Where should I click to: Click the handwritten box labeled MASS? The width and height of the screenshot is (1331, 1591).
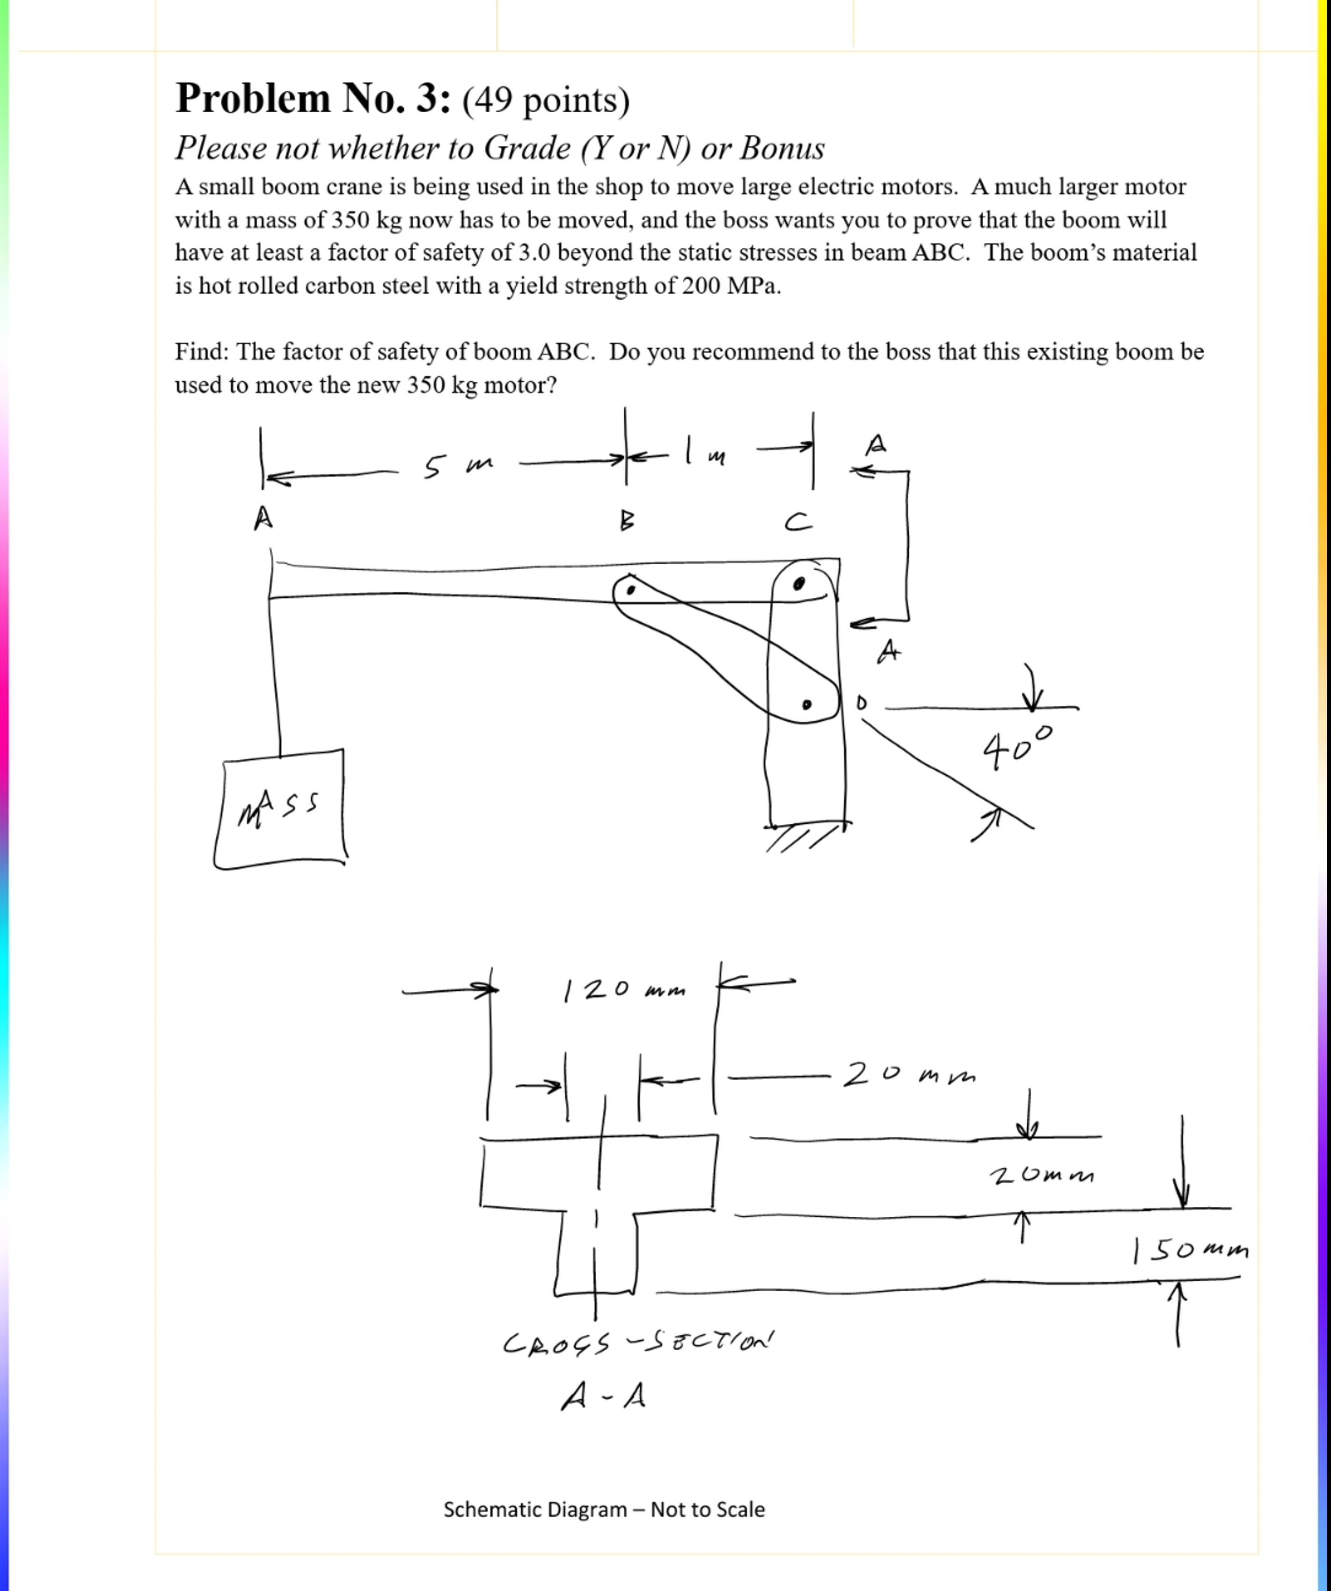[x=280, y=809]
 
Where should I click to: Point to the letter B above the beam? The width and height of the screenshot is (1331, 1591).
[x=627, y=521]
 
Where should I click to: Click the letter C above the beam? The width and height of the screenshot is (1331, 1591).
[x=797, y=522]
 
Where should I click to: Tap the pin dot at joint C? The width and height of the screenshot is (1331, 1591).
[x=799, y=583]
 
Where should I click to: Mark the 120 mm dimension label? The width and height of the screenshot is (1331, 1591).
[x=623, y=989]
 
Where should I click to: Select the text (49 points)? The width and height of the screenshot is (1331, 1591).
[x=546, y=100]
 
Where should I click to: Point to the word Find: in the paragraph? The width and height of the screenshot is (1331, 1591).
[x=202, y=351]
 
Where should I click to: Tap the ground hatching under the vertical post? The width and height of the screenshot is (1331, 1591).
[x=800, y=838]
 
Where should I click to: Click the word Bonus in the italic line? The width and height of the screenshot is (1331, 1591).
[x=782, y=148]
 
